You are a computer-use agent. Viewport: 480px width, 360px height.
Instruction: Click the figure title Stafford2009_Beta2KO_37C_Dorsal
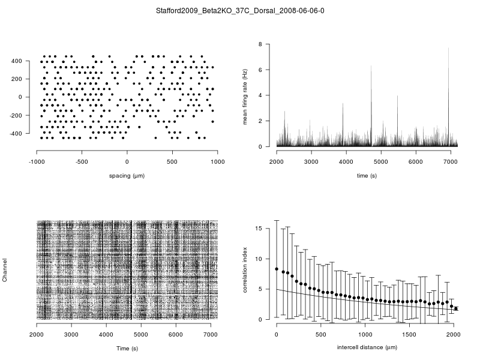click(x=240, y=11)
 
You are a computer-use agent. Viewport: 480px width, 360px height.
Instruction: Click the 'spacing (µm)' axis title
click(x=127, y=175)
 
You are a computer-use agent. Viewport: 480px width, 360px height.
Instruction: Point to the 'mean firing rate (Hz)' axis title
click(x=245, y=96)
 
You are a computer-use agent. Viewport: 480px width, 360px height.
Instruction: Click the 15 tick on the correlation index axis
click(x=260, y=229)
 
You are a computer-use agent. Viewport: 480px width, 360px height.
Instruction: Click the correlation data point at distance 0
click(x=277, y=269)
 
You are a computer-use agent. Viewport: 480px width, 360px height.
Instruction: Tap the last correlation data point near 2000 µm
click(x=456, y=308)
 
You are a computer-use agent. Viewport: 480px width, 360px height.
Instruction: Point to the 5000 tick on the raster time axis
click(x=141, y=334)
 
